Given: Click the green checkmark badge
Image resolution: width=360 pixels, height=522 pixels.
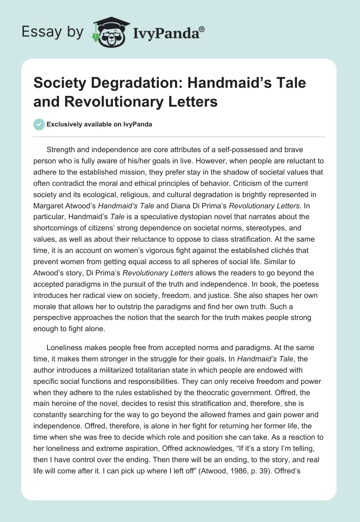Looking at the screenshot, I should click(x=39, y=124).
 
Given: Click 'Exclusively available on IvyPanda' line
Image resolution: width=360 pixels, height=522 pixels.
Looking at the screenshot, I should click(x=99, y=125).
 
